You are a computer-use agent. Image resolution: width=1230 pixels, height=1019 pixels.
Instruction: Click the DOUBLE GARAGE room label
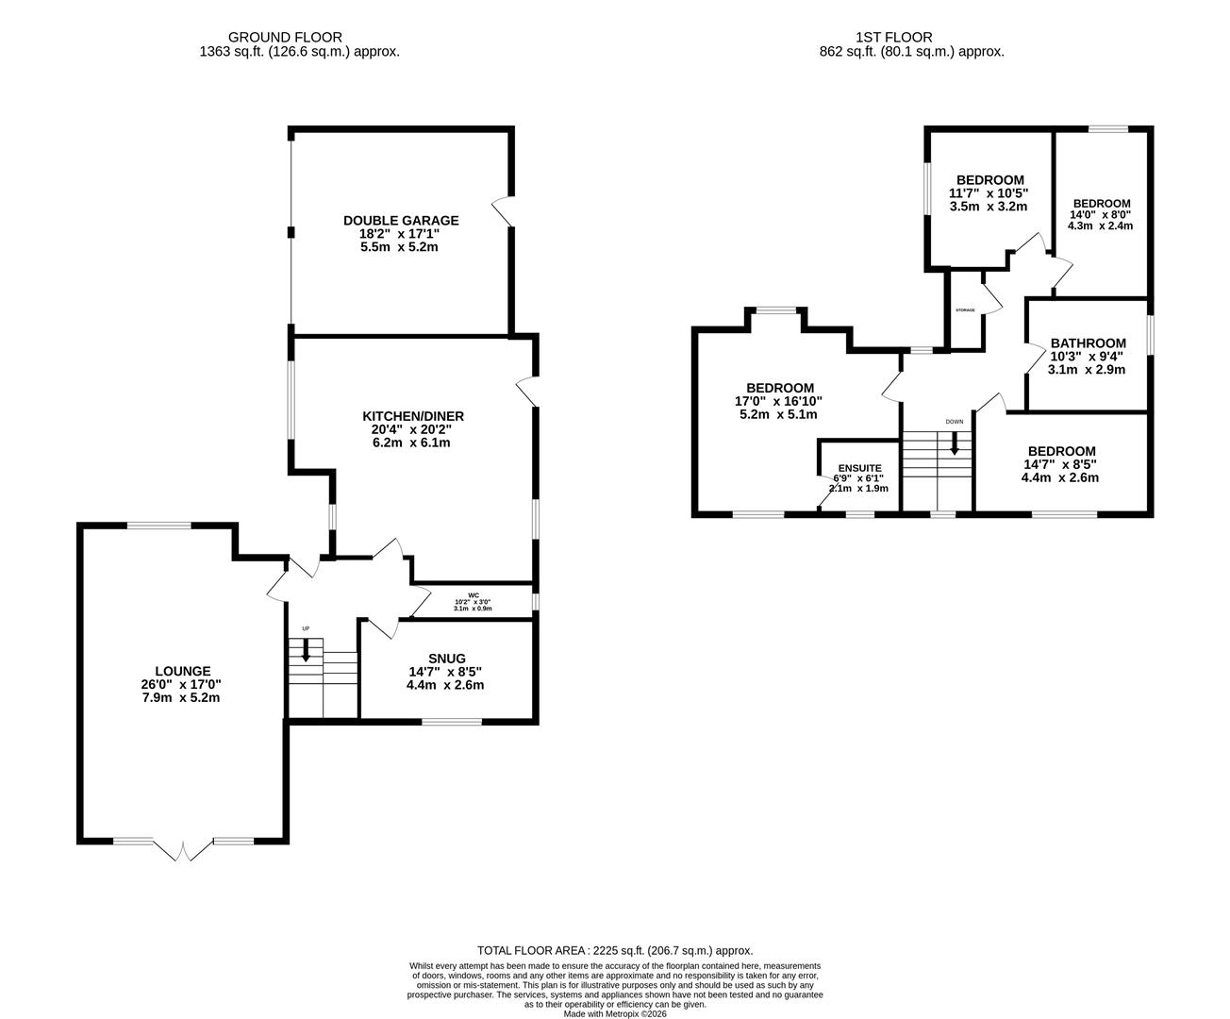[x=401, y=221]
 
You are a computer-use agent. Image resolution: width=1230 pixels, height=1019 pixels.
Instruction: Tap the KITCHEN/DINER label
[x=413, y=416]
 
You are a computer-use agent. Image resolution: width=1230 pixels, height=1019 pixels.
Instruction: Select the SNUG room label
[x=447, y=659]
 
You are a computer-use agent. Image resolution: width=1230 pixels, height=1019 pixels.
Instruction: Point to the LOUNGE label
[x=183, y=671]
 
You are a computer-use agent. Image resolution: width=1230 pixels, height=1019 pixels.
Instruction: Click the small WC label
[x=474, y=595]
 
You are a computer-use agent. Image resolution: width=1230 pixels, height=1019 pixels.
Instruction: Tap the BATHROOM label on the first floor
[x=1088, y=343]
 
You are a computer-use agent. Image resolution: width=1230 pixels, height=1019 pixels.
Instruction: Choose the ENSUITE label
[x=860, y=468]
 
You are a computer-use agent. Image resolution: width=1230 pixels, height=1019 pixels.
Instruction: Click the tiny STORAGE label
[x=965, y=310]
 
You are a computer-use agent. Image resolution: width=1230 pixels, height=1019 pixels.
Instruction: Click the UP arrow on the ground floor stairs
[x=306, y=649]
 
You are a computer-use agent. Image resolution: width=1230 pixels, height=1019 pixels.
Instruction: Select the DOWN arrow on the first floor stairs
[x=955, y=443]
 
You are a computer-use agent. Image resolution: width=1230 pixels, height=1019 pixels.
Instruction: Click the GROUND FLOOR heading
[x=285, y=37]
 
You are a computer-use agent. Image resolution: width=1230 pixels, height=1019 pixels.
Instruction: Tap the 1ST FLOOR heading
[x=894, y=37]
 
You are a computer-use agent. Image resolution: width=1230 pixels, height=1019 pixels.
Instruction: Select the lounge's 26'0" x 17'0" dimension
[x=181, y=684]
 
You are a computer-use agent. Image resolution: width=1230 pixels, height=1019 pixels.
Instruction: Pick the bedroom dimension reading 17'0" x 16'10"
[x=778, y=401]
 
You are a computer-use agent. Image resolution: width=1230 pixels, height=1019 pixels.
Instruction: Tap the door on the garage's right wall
[x=504, y=211]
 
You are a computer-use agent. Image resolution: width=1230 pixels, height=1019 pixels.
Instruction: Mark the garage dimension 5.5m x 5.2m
[x=399, y=247]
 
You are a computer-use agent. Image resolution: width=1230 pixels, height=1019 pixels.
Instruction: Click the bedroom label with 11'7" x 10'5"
[x=990, y=180]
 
